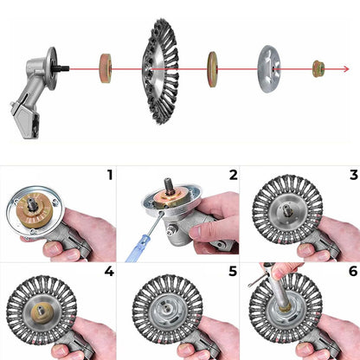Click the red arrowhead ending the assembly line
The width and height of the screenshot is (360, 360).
346,69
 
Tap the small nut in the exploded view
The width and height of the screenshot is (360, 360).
318,68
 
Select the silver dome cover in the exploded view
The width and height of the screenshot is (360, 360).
269,69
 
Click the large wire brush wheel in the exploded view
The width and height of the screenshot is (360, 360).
160,71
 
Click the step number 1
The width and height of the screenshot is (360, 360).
110,175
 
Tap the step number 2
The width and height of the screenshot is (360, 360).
233,175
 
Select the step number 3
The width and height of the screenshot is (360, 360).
354,175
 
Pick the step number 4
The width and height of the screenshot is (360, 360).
109,271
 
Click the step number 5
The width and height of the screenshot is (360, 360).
233,271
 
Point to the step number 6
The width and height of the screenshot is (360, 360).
353,271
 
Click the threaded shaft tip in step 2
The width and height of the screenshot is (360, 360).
168,184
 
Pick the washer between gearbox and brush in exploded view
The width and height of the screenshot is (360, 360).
106,68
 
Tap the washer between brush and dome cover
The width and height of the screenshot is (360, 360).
212,69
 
